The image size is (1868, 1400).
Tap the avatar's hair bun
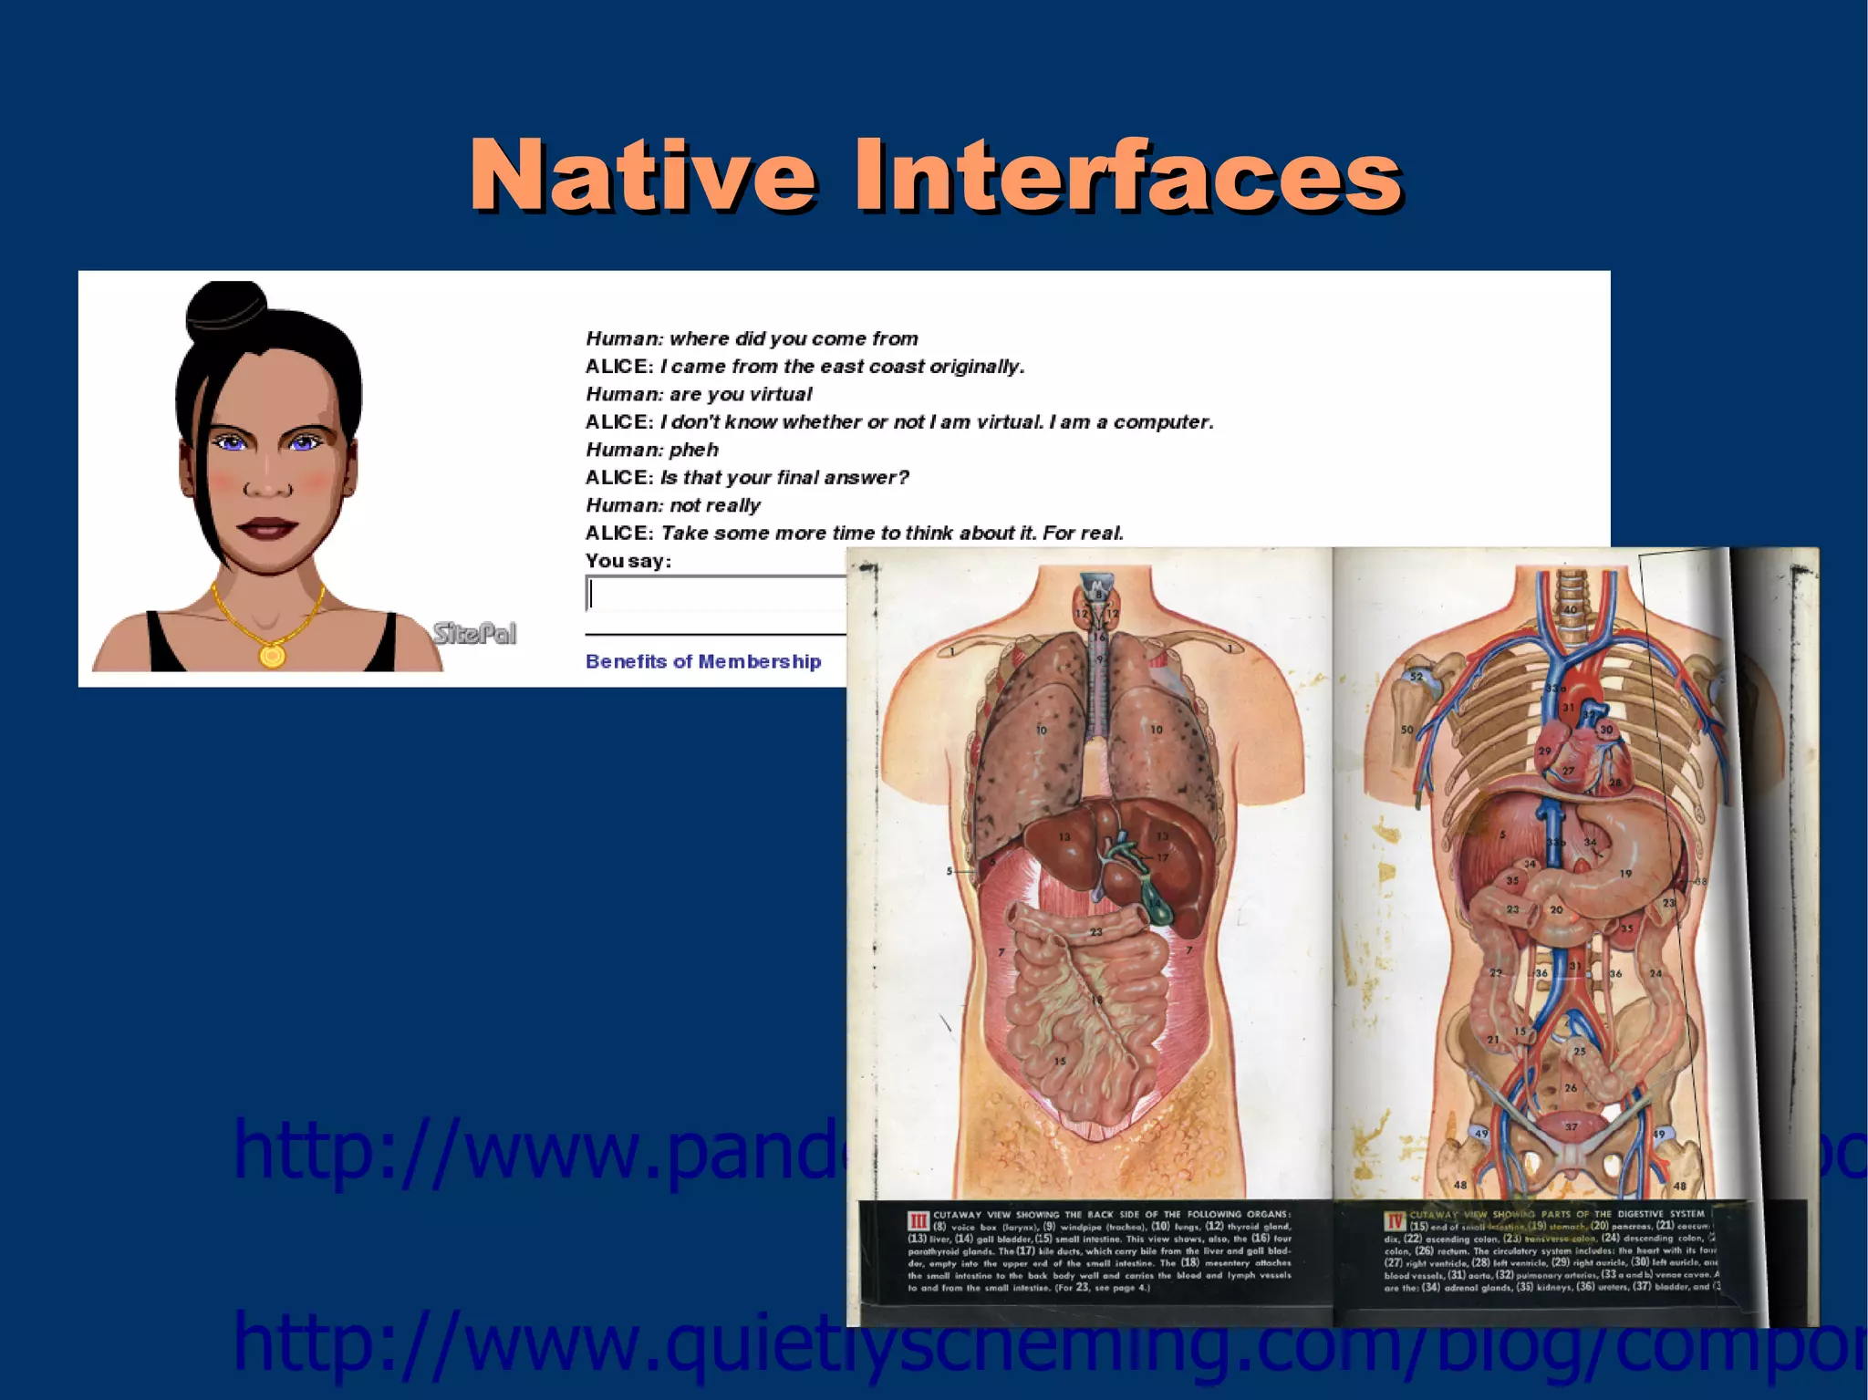coord(227,307)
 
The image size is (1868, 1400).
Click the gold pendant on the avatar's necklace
coord(272,655)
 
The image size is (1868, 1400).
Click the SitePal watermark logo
coord(474,633)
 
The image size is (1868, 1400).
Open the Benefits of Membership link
coord(703,661)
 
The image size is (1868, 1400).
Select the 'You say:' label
coord(628,561)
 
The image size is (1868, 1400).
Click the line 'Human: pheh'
coord(652,450)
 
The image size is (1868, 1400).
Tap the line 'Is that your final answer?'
coord(784,477)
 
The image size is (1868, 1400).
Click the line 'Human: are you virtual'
coord(699,394)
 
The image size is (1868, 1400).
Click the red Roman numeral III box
coord(918,1220)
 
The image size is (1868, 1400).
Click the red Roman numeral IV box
coord(1395,1220)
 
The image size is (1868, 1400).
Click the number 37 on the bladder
coord(1572,1127)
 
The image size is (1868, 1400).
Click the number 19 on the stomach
coord(1625,873)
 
